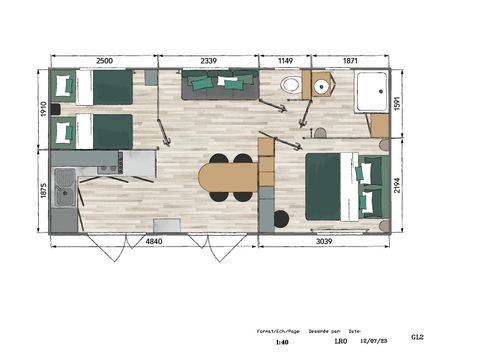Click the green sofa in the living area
pyautogui.click(x=219, y=86)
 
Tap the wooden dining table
pyautogui.click(x=227, y=177)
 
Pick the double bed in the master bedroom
pyautogui.click(x=333, y=186)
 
